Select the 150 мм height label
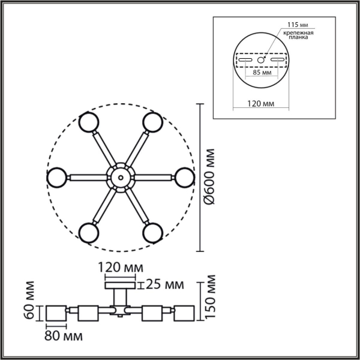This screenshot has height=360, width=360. pyautogui.click(x=210, y=298)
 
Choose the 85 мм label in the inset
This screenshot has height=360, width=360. pyautogui.click(x=261, y=72)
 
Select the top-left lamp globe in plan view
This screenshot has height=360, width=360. pyautogui.click(x=88, y=122)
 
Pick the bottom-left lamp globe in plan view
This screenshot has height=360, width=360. pyautogui.click(x=88, y=231)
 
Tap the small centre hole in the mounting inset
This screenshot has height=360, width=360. pyautogui.click(x=261, y=60)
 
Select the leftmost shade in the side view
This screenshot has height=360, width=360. pyautogui.click(x=56, y=313)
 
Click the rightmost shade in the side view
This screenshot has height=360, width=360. pyautogui.click(x=184, y=313)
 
